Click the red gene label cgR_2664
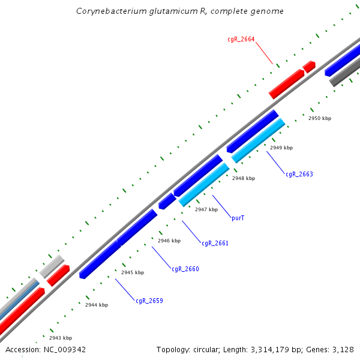241,39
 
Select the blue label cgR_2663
299,174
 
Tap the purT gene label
238,218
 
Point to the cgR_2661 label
215,243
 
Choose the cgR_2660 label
185,269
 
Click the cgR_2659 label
149,301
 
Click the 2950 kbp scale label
319,118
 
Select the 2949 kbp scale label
281,148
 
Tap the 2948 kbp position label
243,178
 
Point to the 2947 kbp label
206,209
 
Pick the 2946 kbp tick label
169,241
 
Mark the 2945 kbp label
132,272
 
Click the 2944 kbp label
96,305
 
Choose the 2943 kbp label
60,338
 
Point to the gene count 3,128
343,349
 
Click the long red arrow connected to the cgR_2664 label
287,84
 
